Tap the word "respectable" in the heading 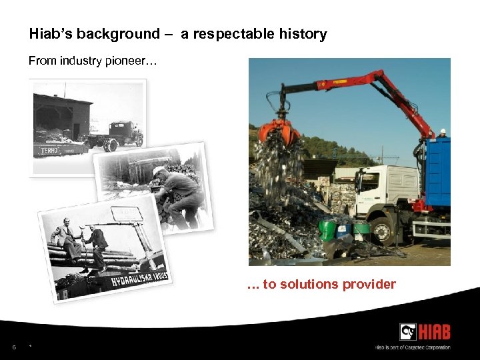click(x=231, y=34)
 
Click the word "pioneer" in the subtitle click(x=132, y=61)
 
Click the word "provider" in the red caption click(x=369, y=285)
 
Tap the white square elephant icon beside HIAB click(x=408, y=331)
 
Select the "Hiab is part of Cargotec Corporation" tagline click(x=413, y=347)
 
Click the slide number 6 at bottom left click(x=13, y=347)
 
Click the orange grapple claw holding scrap click(x=279, y=133)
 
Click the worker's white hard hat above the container click(x=442, y=131)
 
